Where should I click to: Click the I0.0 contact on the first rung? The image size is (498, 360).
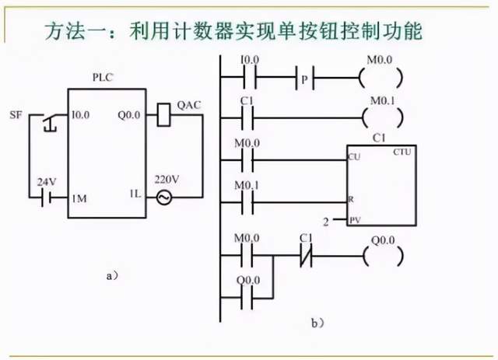[251, 79]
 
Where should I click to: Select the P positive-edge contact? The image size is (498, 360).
[304, 79]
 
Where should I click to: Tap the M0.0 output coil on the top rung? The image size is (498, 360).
[383, 79]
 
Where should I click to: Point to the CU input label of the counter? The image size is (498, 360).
[354, 158]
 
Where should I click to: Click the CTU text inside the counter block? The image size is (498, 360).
[402, 152]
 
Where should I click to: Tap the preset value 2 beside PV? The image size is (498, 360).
[336, 222]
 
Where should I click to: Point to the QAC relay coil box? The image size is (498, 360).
[163, 115]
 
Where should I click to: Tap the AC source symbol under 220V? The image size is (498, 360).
[163, 197]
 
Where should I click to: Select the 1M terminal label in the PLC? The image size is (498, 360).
[79, 198]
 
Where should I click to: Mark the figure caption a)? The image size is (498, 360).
[112, 274]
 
